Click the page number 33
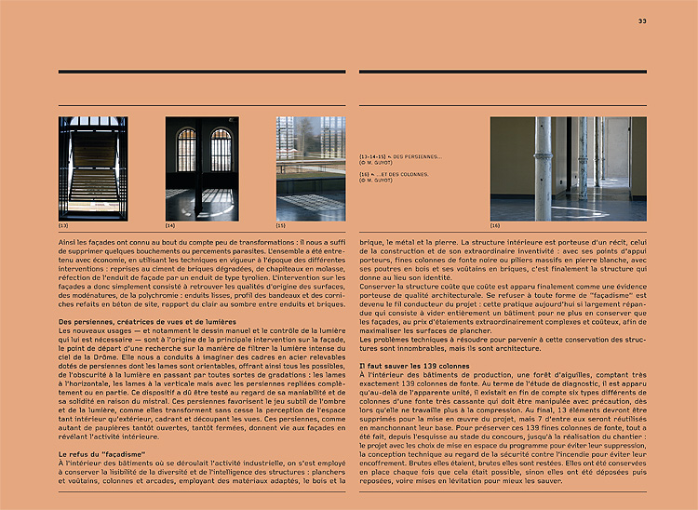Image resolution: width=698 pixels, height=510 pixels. point(642,20)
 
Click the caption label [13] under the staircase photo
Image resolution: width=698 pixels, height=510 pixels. point(63,226)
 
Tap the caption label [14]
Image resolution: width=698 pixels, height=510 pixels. point(170,226)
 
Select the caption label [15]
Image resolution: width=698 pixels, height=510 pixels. point(280,226)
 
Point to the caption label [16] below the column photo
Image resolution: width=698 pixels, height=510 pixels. point(495,226)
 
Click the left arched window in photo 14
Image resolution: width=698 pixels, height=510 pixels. point(186,150)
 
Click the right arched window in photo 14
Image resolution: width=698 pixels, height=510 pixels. point(221,150)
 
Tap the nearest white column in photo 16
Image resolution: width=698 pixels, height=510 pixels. point(544,168)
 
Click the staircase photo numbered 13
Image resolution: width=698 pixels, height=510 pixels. point(93,168)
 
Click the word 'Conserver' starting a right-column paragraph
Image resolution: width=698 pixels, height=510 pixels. point(380,286)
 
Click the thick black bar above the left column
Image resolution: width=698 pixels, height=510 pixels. point(202,72)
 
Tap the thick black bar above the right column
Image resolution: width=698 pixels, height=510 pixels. point(503,72)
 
